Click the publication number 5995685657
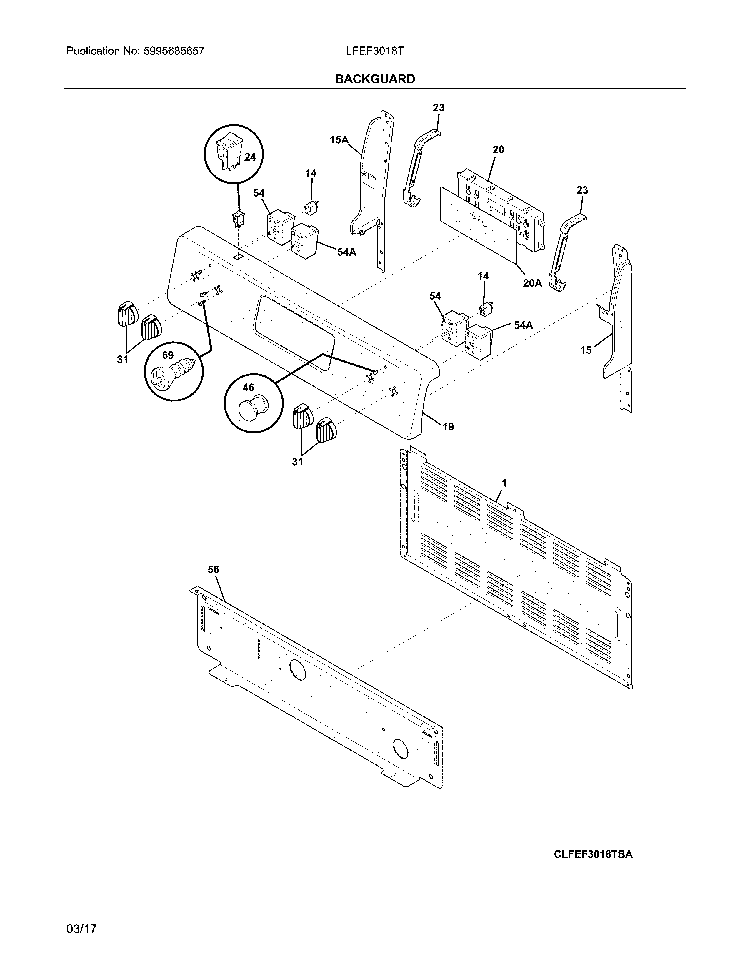(174, 51)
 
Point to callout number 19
(448, 427)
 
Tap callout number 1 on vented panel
(504, 482)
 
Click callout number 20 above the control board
(499, 150)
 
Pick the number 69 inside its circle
(168, 355)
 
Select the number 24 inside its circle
(250, 157)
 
